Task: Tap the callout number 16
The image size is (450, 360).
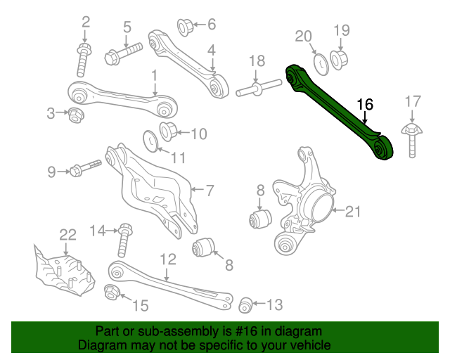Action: point(365,105)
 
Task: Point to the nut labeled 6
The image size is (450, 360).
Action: point(185,27)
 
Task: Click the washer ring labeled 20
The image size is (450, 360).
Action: point(318,63)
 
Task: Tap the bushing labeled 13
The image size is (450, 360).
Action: point(245,304)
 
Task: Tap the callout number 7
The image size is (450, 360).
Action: point(209,189)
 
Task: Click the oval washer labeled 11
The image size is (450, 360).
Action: point(150,140)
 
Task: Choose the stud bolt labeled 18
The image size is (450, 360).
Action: point(254,89)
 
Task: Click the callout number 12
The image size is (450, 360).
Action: point(167,259)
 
